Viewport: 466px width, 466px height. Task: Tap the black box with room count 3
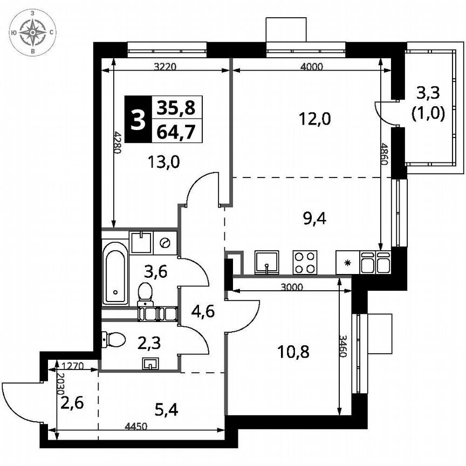click(139, 120)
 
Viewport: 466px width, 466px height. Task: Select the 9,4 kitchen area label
click(316, 218)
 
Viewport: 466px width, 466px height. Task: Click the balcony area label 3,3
click(428, 93)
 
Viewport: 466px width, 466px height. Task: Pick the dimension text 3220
click(165, 67)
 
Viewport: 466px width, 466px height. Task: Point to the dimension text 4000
click(311, 67)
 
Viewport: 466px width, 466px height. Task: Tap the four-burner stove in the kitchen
click(305, 263)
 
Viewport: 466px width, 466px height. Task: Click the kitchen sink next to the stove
click(266, 263)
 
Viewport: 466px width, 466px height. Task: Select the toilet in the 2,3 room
click(114, 339)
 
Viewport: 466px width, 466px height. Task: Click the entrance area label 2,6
click(71, 402)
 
